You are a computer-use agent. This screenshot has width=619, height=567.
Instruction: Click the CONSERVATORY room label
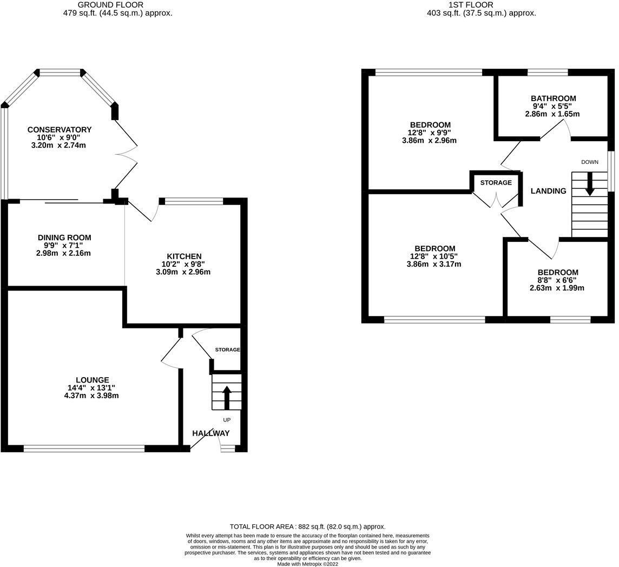[60, 130]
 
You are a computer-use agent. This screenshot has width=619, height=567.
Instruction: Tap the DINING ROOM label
[64, 238]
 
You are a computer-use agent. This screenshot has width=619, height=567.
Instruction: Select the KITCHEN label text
[184, 256]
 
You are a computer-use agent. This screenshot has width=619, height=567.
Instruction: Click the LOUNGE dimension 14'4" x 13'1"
[91, 388]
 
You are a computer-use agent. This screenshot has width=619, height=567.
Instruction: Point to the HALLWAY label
[211, 433]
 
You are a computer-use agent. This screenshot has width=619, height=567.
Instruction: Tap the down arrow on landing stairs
[590, 183]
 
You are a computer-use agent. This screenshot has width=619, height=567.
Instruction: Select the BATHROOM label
[553, 98]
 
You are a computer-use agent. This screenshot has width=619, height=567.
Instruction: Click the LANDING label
[548, 191]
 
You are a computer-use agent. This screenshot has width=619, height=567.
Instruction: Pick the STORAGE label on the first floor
[496, 183]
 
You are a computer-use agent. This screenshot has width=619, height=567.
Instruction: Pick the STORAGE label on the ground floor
[227, 350]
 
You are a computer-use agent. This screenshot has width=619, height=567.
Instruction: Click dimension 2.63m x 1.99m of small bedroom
[557, 288]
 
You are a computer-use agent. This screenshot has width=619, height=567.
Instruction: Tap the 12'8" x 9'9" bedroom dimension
[430, 133]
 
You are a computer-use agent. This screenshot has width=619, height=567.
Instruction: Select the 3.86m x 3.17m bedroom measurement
[433, 265]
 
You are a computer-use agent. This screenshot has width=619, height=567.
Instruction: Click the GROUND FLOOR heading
[118, 5]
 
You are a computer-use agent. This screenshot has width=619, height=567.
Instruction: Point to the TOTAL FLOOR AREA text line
[307, 526]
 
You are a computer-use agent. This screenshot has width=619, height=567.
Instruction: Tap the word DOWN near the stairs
[590, 162]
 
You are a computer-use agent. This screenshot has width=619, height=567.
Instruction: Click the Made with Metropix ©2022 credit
[307, 564]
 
